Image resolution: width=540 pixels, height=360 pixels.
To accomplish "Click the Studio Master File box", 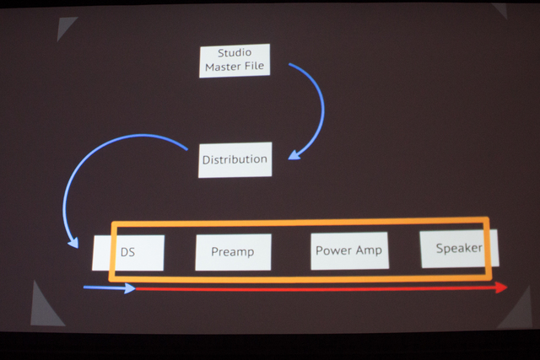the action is [235, 61].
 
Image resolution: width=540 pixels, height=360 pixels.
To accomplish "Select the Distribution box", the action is [235, 160].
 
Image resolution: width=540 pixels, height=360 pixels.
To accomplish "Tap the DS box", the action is [128, 253].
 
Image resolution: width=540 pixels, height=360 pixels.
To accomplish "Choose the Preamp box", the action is [233, 252].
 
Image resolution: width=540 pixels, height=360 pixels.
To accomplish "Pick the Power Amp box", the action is [349, 250].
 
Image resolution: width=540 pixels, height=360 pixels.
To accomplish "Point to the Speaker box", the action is [459, 249].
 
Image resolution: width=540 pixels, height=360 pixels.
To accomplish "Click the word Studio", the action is [235, 52].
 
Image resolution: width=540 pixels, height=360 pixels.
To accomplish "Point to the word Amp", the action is [369, 250].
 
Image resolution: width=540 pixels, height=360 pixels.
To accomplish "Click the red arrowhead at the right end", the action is [501, 287].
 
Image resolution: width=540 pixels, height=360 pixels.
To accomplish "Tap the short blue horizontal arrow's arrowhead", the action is [130, 288].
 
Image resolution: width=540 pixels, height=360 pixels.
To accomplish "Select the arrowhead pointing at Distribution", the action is [294, 155].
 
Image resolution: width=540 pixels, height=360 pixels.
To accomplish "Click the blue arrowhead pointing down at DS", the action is [73, 243].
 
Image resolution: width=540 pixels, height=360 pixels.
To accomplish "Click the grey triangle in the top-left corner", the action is [66, 29].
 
